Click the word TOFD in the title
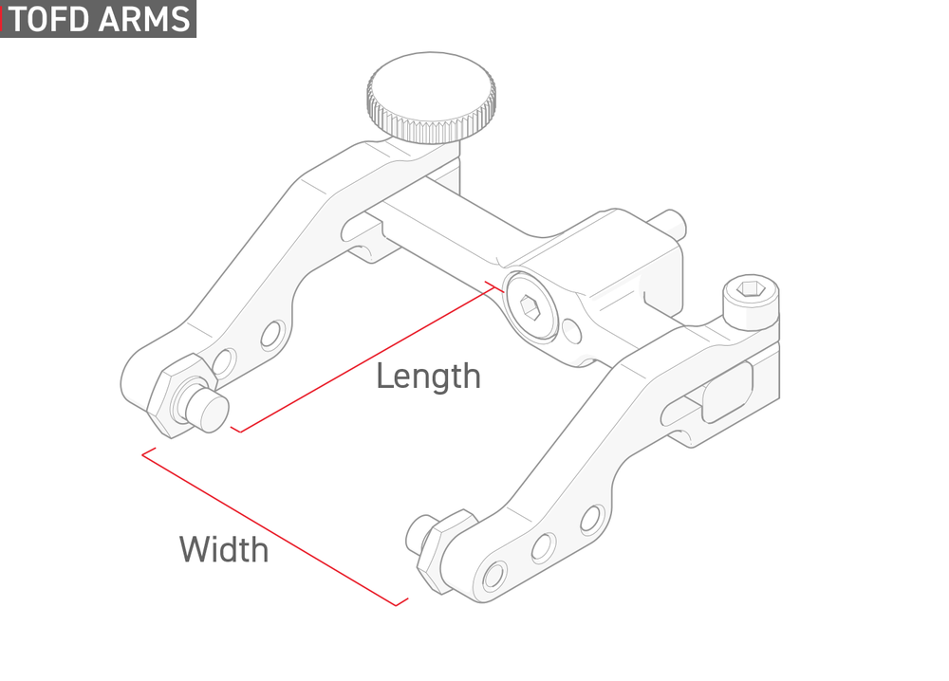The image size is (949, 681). (x=49, y=19)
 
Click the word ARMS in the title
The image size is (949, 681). (x=145, y=19)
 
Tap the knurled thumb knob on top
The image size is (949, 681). (x=431, y=98)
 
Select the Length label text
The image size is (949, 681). (x=429, y=377)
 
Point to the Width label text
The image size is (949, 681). (x=224, y=550)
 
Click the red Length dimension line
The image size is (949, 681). (x=368, y=357)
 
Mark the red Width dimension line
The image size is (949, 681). (x=275, y=526)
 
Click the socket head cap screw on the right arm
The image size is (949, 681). (x=751, y=303)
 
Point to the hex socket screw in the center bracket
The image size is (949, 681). (x=530, y=306)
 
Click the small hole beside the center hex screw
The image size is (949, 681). (x=572, y=330)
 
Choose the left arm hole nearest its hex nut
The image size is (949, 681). (x=223, y=362)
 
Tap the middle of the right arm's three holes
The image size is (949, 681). (x=543, y=546)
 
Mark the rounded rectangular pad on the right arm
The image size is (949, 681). (x=727, y=392)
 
